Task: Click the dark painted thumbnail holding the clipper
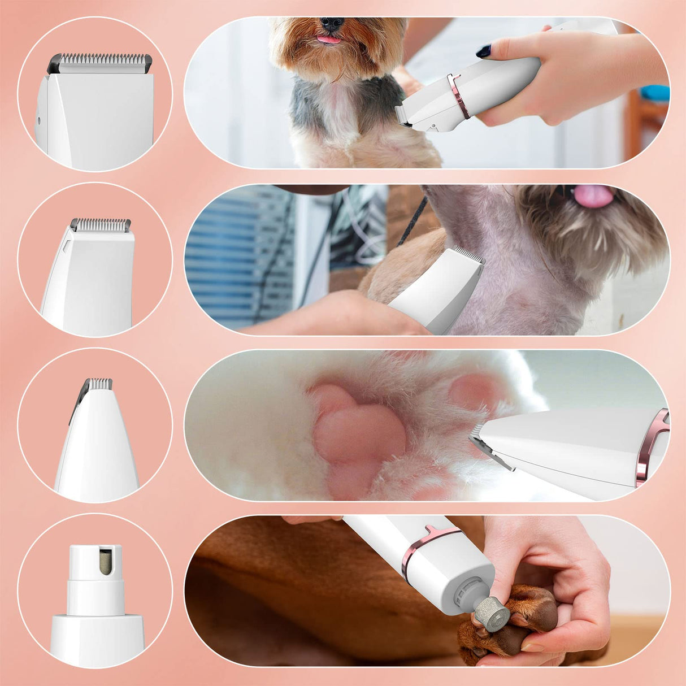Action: [x=484, y=51]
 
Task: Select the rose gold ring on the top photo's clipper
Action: [x=459, y=95]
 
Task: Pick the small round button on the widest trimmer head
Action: [x=39, y=120]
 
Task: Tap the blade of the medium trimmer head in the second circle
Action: [x=101, y=225]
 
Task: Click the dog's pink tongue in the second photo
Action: [x=593, y=196]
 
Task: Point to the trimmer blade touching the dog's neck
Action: [x=470, y=255]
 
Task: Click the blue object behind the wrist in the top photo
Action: [x=655, y=93]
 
